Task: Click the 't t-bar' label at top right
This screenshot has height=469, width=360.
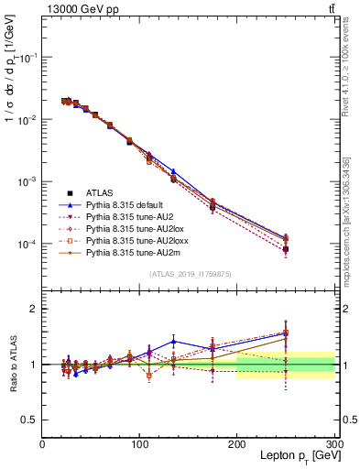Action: tap(330, 8)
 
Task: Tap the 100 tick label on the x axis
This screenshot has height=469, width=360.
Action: tap(140, 445)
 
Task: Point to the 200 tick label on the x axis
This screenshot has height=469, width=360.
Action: tap(237, 445)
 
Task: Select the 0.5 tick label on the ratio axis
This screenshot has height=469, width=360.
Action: tap(29, 420)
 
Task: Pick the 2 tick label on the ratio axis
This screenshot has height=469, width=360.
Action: tap(34, 309)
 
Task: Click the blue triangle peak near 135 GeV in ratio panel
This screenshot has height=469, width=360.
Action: tap(173, 342)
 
